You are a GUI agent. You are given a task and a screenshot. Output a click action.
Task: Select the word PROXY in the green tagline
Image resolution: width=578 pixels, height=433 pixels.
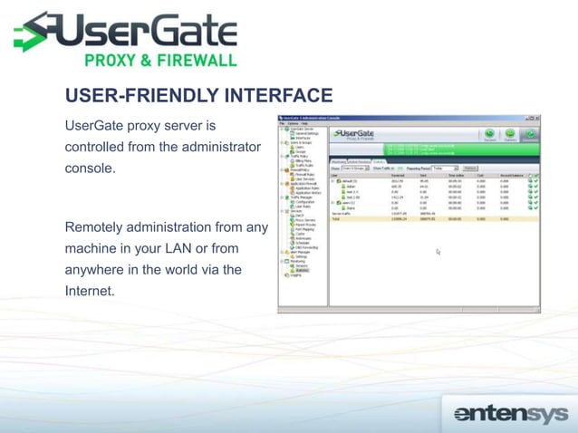click(112, 61)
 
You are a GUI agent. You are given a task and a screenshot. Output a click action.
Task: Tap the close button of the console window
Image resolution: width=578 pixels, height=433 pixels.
click(537, 118)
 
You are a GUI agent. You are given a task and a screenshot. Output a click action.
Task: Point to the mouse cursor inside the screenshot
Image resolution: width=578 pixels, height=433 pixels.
click(438, 252)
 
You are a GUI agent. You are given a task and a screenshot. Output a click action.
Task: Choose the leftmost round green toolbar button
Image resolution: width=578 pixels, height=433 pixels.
click(490, 134)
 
